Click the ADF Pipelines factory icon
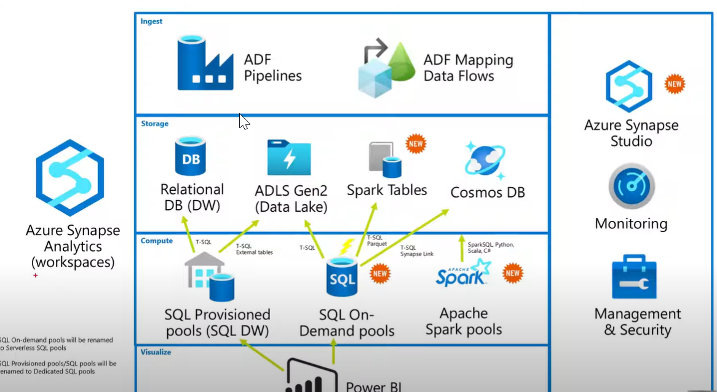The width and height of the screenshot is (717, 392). tap(205, 63)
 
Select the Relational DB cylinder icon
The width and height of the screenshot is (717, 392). tap(190, 156)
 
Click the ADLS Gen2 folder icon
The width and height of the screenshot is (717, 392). tap(289, 158)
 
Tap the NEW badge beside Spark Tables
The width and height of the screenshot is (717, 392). tap(416, 144)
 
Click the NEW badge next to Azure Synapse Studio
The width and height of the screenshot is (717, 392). tap(675, 84)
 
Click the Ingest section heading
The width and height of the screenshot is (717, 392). tap(151, 21)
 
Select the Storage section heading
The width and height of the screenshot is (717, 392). tap(154, 124)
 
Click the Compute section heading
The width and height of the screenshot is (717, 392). tap(156, 241)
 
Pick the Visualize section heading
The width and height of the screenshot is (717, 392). tap(156, 352)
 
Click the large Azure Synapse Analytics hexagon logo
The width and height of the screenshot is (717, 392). tap(69, 177)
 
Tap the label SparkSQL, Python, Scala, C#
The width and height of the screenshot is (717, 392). tap(490, 248)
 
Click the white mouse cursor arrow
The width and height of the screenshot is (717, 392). tap(244, 121)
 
